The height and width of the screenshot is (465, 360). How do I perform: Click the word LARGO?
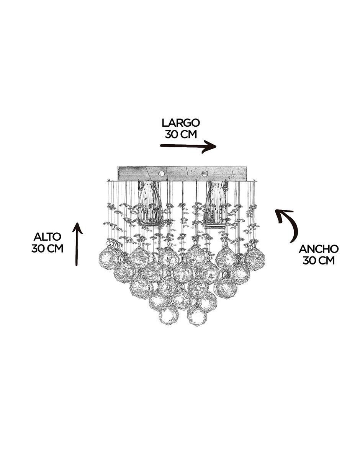click(x=181, y=123)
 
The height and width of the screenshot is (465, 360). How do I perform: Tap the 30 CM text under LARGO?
click(x=181, y=134)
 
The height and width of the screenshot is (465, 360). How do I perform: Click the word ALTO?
click(x=47, y=237)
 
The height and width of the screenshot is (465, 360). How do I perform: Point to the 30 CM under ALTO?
click(x=47, y=248)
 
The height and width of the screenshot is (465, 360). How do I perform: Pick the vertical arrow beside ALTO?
click(x=77, y=244)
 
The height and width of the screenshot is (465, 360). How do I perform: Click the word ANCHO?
click(x=319, y=249)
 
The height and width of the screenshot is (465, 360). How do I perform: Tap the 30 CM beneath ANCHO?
click(x=319, y=261)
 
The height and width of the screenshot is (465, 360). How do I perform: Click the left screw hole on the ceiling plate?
click(x=162, y=173)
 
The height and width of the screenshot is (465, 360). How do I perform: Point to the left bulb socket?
click(x=150, y=204)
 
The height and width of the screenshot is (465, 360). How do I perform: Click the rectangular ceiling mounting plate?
click(x=182, y=173)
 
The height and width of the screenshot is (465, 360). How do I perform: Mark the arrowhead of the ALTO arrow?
click(x=77, y=228)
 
